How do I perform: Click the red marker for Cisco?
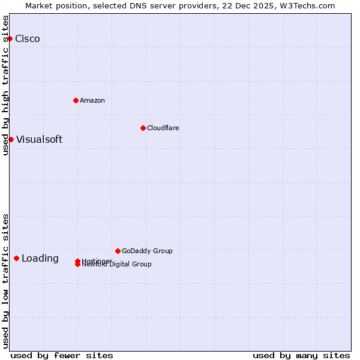[10, 38]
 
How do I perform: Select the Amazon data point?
[76, 100]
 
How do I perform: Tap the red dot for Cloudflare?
[143, 128]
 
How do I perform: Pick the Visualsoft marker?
[11, 139]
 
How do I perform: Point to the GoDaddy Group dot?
[118, 251]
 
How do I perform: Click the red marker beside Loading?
[16, 258]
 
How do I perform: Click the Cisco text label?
[28, 39]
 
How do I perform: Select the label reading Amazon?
[92, 100]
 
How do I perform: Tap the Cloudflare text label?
[163, 128]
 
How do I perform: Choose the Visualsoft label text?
[39, 140]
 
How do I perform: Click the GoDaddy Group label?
[147, 251]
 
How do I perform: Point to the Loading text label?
[40, 259]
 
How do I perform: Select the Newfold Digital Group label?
[117, 265]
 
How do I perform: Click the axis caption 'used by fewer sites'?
[62, 355]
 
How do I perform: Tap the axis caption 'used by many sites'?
[301, 355]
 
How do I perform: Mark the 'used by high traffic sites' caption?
[5, 85]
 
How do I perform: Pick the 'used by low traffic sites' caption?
[5, 280]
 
